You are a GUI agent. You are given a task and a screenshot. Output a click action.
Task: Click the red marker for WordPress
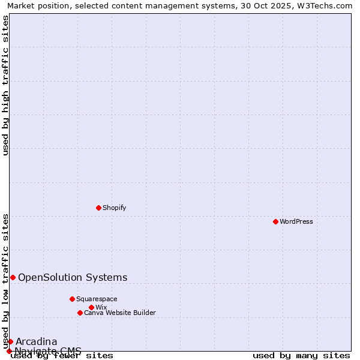click(x=275, y=221)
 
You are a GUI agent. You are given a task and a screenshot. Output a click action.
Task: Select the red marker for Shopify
click(x=98, y=208)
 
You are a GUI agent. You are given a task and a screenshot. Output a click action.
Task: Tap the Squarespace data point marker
click(x=72, y=299)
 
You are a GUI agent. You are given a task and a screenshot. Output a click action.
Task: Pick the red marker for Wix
click(x=91, y=307)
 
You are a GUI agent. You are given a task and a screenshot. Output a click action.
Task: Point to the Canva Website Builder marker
click(x=80, y=313)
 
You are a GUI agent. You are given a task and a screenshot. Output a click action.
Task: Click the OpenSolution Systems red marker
click(x=13, y=277)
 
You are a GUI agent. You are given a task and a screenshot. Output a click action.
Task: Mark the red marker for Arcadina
click(x=10, y=341)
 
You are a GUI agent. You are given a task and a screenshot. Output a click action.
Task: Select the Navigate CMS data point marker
click(x=9, y=351)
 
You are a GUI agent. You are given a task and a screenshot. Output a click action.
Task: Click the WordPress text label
click(x=296, y=221)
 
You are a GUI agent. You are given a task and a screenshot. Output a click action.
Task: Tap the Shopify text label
click(x=115, y=208)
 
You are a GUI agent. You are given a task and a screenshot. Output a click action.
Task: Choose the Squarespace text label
click(x=97, y=299)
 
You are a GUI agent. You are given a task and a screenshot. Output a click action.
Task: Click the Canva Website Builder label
click(x=120, y=313)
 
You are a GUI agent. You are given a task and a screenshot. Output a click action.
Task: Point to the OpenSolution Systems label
click(x=73, y=277)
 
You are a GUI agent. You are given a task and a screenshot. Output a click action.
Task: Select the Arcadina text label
click(x=36, y=341)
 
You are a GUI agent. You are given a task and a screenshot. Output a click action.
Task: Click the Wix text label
click(x=101, y=307)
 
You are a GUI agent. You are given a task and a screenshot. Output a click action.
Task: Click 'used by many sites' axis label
click(x=301, y=355)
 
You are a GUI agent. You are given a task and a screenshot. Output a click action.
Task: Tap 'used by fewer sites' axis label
click(x=62, y=355)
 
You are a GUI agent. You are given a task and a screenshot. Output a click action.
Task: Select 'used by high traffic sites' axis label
click(x=6, y=85)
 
